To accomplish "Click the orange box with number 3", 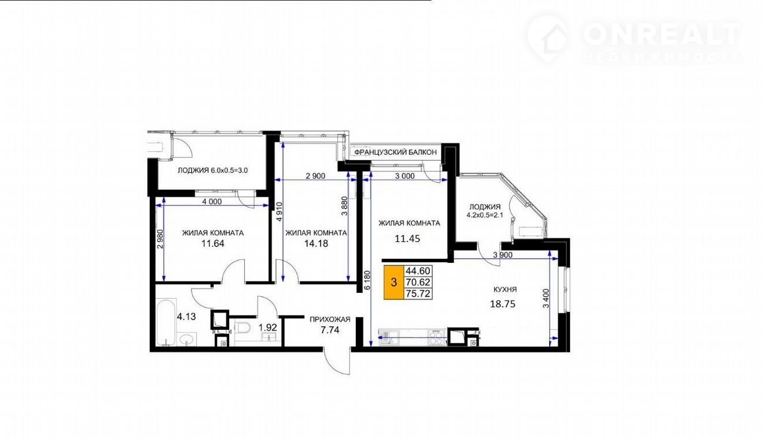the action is [x=394, y=282].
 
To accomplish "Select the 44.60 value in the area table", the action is [x=418, y=271].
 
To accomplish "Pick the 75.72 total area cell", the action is [x=418, y=293].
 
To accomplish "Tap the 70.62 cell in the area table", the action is [x=418, y=282].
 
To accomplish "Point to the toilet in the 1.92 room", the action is [x=242, y=327].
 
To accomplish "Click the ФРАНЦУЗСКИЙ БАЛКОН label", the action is [x=396, y=152].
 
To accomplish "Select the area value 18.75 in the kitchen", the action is [x=503, y=304].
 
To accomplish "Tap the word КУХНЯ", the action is [x=505, y=289].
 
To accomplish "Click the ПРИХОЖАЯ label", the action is [x=330, y=320].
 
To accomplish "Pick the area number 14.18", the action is [x=316, y=243].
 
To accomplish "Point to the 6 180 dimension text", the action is [x=366, y=280].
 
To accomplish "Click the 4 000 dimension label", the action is [x=212, y=201].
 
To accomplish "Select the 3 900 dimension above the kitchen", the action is [x=503, y=255].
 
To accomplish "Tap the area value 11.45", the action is [x=407, y=239].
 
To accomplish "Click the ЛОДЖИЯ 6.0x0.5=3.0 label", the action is [x=212, y=170].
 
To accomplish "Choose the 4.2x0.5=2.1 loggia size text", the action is [x=485, y=215].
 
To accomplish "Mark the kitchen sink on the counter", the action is [x=386, y=337].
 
